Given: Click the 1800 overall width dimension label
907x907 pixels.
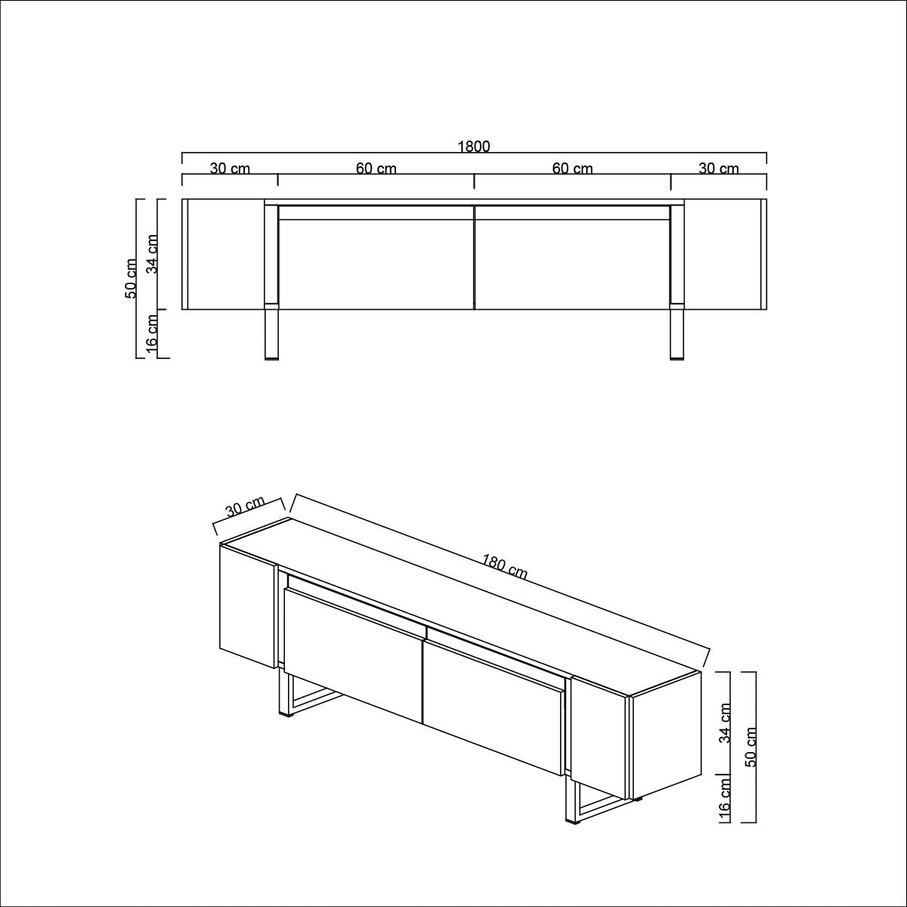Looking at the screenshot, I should point(474,147).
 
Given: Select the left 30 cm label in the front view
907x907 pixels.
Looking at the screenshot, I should point(230,169).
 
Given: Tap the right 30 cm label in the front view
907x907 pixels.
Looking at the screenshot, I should point(718,169).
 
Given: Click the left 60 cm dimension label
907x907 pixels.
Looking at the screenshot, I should point(376,169).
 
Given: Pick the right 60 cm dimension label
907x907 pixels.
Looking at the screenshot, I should point(572,169).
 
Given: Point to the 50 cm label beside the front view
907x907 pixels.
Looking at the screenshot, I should point(132,278).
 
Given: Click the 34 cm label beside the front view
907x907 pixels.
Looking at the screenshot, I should point(153,254).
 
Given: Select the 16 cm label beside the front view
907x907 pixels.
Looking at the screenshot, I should point(153,334).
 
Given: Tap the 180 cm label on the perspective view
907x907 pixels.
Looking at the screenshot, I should point(504,567).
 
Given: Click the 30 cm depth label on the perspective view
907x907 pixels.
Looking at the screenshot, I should point(245,507).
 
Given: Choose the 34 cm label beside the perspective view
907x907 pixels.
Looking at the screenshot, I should point(725,723).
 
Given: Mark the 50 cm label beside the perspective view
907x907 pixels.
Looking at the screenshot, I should point(751,747).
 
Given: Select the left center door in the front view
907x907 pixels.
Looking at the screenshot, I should point(376,265).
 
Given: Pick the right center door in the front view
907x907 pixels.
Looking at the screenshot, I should point(572,265).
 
